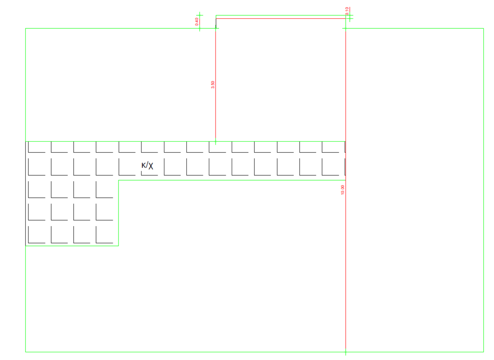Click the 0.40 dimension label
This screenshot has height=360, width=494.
197,22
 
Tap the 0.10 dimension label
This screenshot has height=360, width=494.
347,11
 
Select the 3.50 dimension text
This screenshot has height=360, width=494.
213,84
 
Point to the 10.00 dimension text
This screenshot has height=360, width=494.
342,190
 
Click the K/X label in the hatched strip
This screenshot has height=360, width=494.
147,166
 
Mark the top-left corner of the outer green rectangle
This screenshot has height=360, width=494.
26,28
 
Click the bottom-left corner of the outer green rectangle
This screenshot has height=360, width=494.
26,352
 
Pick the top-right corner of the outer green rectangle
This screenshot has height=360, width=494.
483,28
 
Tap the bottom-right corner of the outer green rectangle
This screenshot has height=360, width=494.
483,352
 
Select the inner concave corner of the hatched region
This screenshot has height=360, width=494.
119,180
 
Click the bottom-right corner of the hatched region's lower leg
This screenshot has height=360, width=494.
119,246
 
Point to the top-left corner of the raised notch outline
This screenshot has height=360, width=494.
216,18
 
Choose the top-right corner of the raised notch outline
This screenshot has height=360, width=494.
345,18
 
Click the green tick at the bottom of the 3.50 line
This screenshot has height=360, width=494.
216,142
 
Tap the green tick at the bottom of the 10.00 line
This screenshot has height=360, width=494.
345,352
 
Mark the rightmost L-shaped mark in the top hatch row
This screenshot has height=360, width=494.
330,147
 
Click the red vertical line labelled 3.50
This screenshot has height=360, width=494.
216,108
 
